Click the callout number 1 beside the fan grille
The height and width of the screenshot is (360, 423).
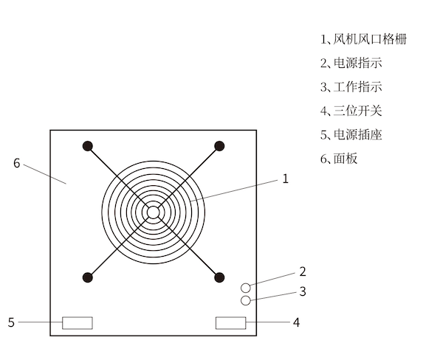(286, 179)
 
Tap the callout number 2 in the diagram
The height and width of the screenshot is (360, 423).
(303, 271)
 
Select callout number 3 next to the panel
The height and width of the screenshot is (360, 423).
(303, 291)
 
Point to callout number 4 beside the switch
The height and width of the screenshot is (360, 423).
(296, 322)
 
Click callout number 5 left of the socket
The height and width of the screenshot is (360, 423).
(11, 322)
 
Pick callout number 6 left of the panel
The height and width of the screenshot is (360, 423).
(17, 163)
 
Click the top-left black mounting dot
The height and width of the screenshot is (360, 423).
(88, 146)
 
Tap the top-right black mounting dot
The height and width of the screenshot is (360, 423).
(219, 146)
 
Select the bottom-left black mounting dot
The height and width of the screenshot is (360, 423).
(88, 277)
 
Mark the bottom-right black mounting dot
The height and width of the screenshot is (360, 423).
(219, 277)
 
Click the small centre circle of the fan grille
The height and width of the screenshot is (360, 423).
(154, 212)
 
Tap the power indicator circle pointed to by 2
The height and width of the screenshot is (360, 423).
(246, 288)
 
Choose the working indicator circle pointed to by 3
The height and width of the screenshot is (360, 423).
(246, 300)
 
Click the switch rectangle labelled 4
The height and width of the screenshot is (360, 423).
(230, 323)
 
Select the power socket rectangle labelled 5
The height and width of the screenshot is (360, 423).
(78, 323)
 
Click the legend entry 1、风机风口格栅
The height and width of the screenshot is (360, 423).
(364, 39)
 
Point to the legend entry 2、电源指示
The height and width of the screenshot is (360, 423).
(351, 63)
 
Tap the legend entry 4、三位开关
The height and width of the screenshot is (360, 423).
(351, 111)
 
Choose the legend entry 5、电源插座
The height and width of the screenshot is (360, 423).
(351, 134)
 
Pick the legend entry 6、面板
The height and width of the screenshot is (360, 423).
(339, 159)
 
